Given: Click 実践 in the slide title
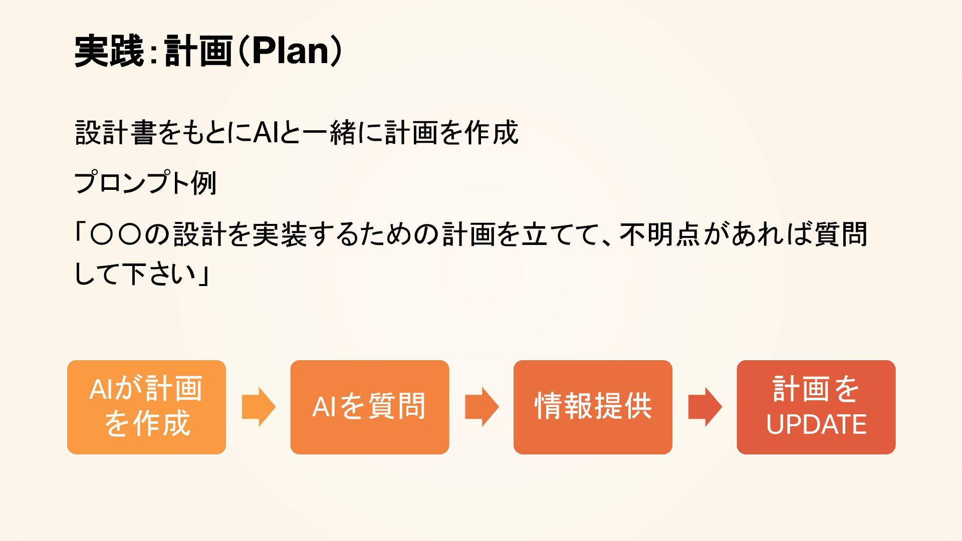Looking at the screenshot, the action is [109, 51].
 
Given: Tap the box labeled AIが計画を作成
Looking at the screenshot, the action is [146, 407].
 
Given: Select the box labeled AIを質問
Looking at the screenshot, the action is [369, 407].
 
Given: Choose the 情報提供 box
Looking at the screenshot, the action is [593, 407].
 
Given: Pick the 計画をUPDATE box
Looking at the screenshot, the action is [816, 407].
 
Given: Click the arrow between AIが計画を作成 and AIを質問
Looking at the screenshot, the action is [258, 407].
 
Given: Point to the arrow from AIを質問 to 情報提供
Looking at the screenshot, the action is [482, 407].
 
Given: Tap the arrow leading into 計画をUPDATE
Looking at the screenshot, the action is [704, 407].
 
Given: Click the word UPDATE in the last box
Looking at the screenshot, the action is [816, 425].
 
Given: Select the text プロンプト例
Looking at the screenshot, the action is [145, 183].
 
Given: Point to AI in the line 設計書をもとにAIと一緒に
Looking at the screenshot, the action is [265, 133].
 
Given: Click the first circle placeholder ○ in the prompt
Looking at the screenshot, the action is [102, 234].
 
